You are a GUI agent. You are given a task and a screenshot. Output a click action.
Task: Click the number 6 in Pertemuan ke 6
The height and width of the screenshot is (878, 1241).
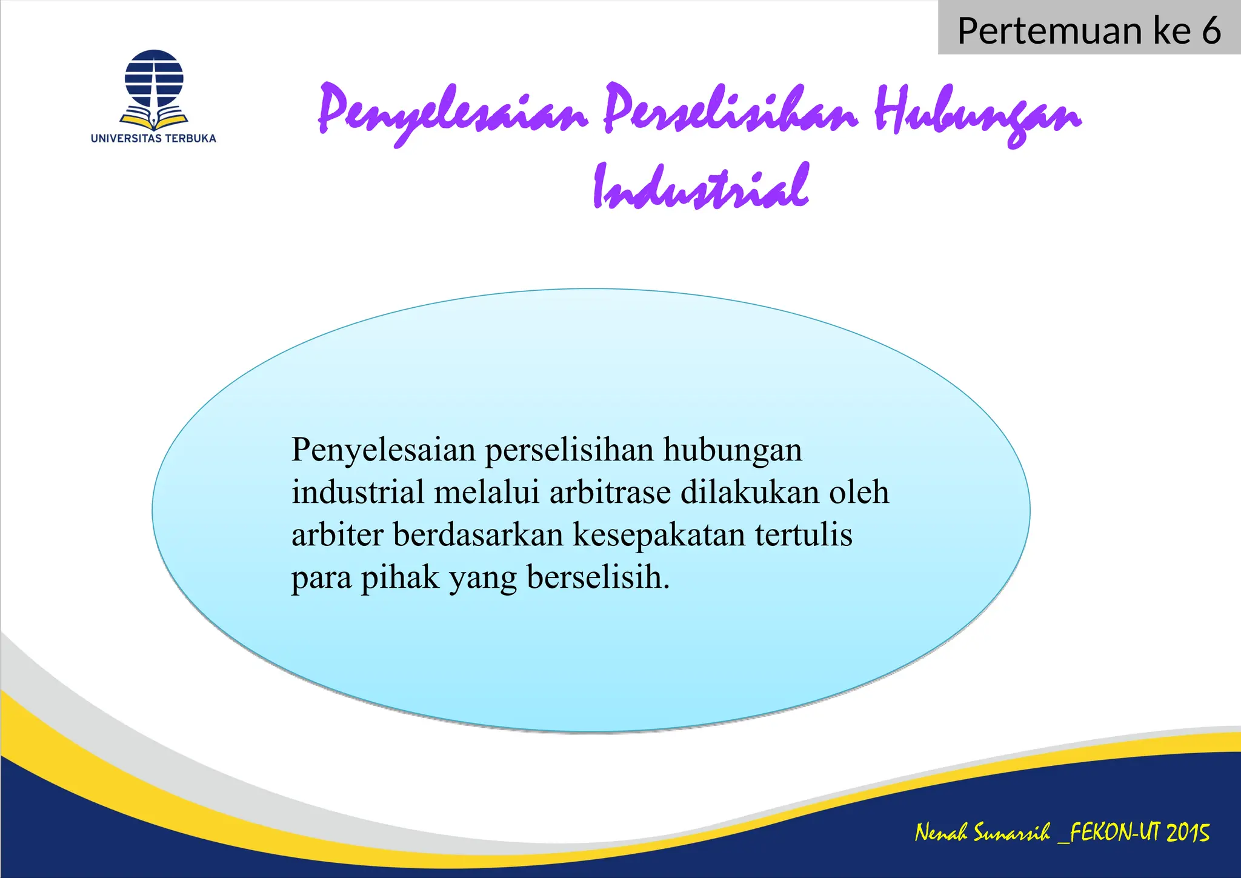pos(1211,30)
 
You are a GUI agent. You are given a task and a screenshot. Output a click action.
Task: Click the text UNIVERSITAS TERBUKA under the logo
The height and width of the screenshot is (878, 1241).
pos(153,138)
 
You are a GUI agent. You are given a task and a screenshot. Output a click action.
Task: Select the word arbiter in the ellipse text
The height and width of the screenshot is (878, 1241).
pos(337,534)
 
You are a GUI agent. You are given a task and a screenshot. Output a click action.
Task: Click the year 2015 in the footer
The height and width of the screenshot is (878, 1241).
pos(1187,833)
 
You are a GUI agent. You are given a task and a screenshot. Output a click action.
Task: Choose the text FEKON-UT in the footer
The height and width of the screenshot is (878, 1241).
pos(1114,833)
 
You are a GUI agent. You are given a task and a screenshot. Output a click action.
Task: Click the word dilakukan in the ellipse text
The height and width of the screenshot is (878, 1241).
pos(750,492)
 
